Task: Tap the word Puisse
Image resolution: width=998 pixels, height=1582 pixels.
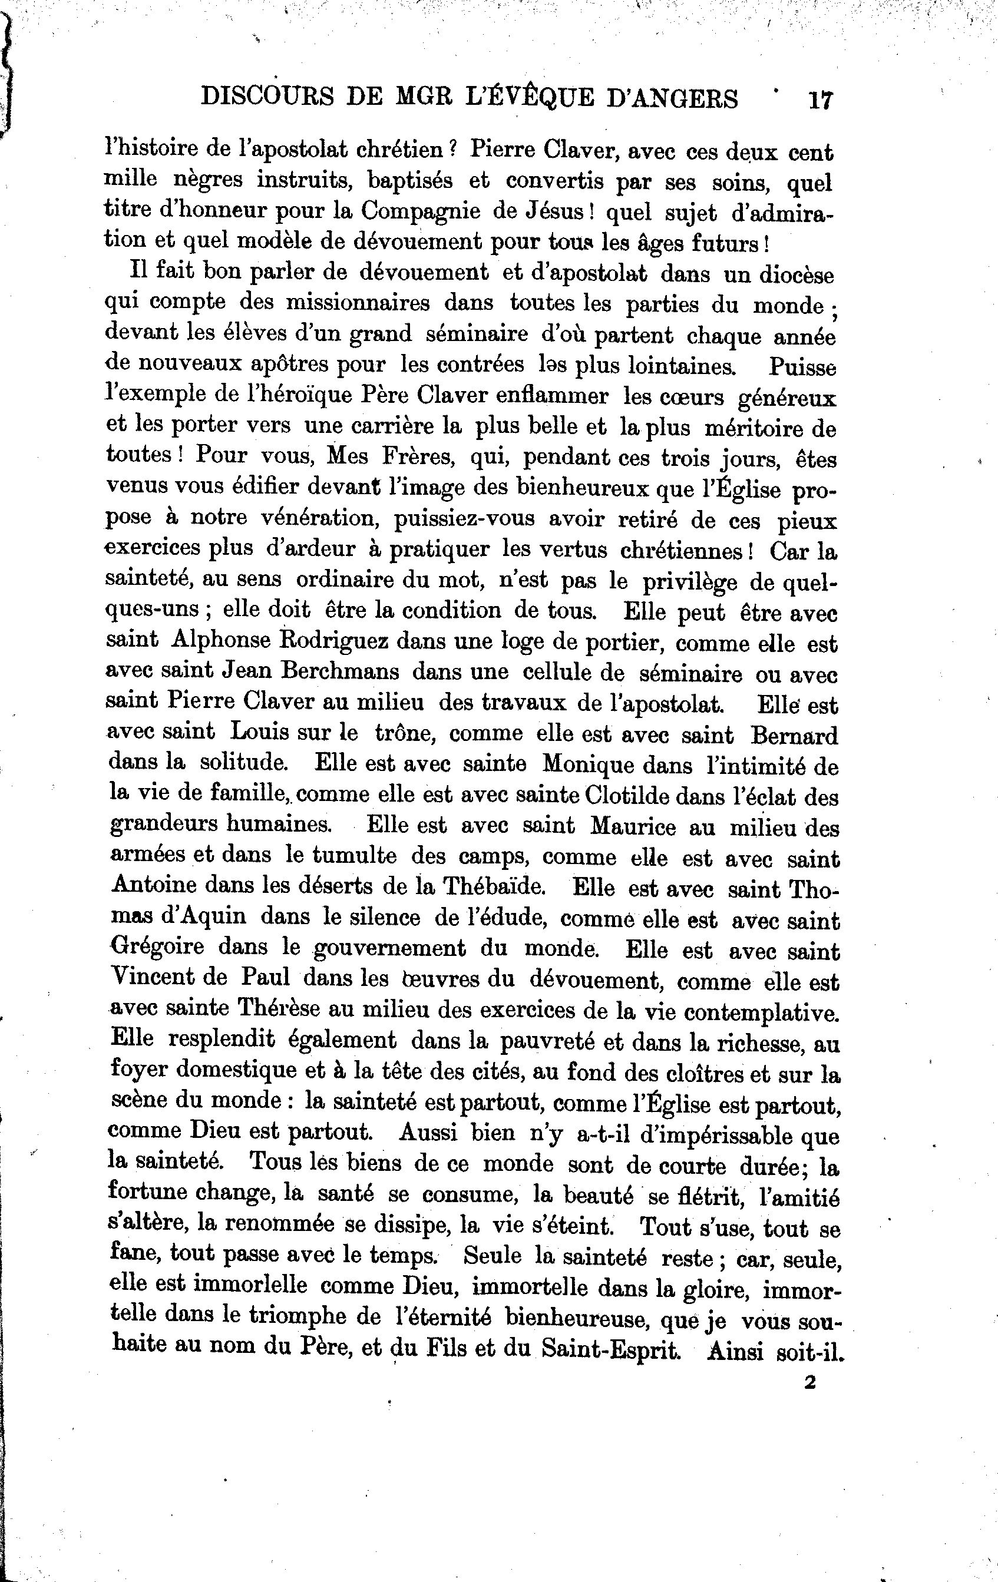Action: point(803,366)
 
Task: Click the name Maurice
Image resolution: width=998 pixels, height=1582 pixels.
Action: point(633,826)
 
